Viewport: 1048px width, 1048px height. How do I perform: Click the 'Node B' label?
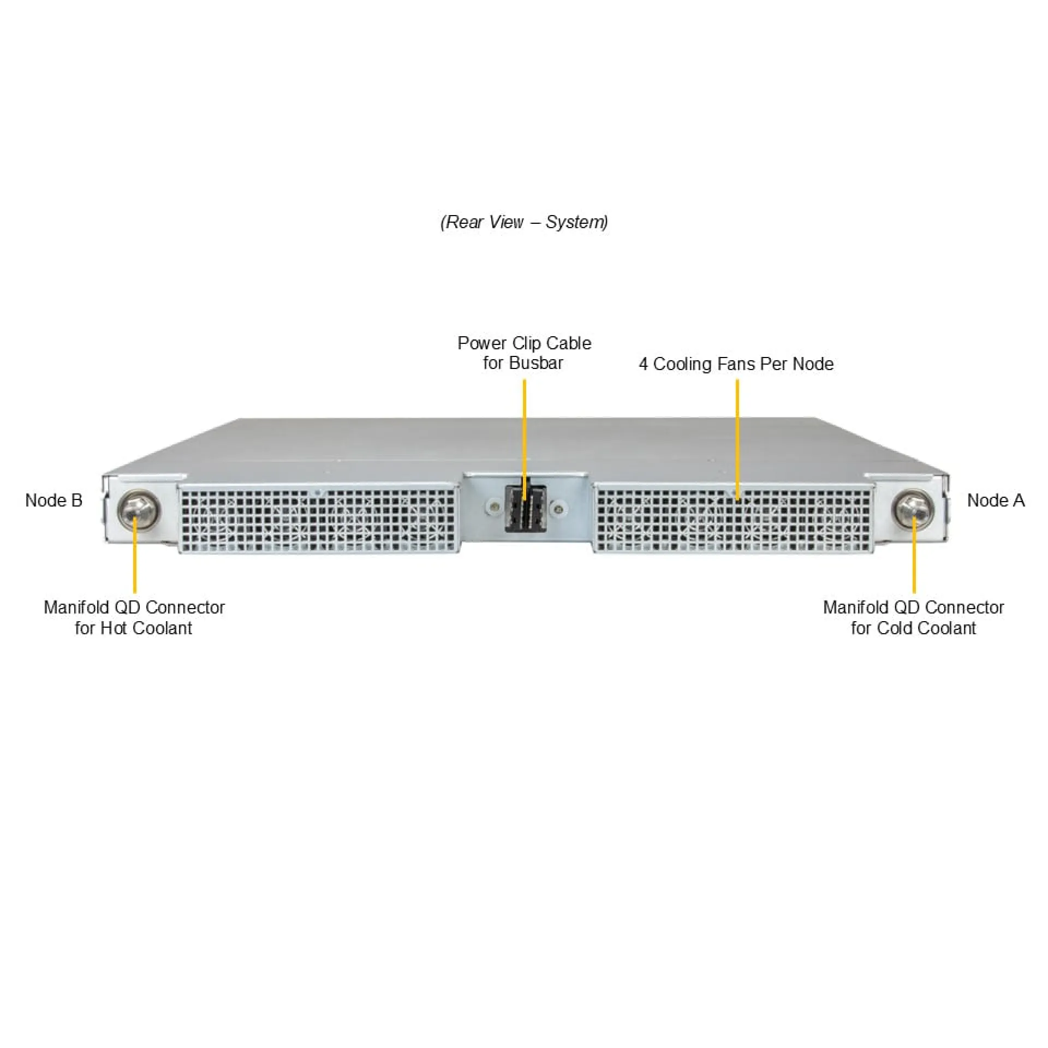pos(53,500)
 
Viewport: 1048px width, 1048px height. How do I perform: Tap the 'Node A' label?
pos(996,500)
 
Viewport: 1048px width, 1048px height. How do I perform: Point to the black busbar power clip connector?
pos(525,508)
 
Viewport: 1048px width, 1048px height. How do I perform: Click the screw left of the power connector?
pos(494,508)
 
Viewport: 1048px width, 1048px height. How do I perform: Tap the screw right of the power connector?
pos(557,509)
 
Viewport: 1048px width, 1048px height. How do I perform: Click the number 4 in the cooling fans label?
pos(644,364)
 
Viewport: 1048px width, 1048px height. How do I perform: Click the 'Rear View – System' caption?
pos(524,222)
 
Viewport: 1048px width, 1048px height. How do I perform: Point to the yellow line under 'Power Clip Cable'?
pos(525,440)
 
